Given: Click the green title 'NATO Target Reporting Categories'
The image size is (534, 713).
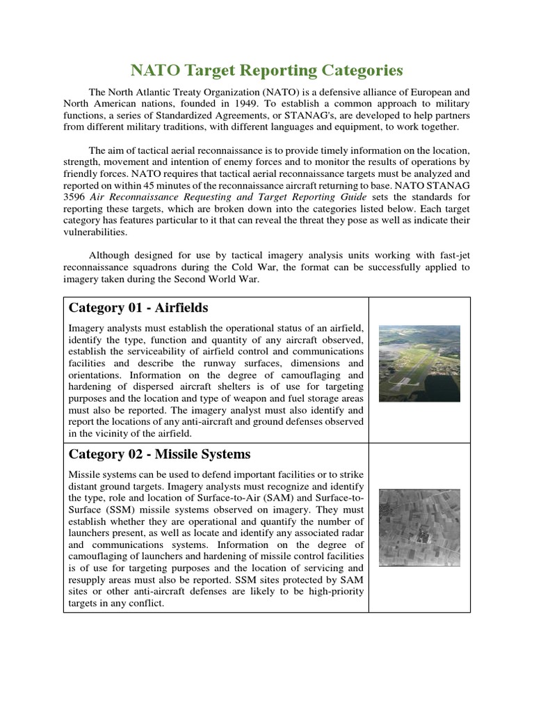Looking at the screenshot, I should click(x=267, y=70).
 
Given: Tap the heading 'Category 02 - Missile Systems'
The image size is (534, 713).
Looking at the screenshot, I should click(x=159, y=454).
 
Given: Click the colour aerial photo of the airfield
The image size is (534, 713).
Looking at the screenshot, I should click(x=419, y=363).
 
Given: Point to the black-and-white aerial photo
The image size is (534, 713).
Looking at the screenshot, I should click(x=419, y=526).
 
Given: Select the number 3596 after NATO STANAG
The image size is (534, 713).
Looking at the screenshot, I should click(x=75, y=196).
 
